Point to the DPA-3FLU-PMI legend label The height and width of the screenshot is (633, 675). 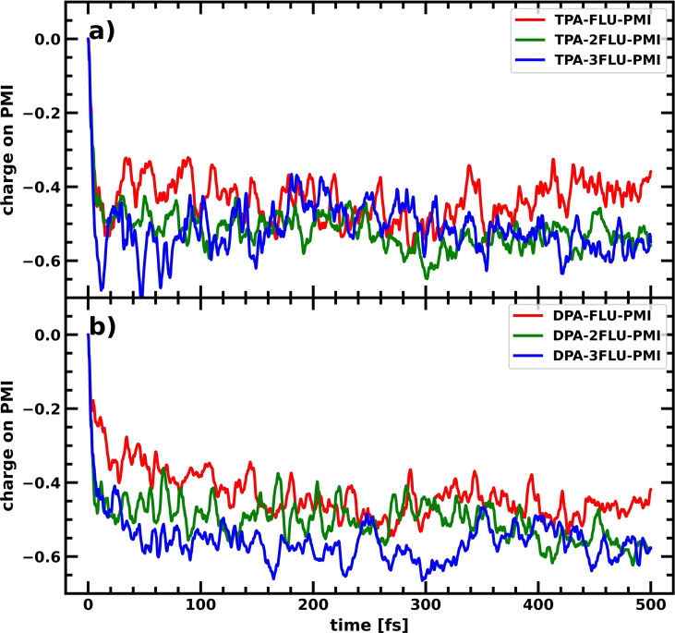611,359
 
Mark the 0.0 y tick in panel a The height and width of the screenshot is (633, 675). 41,40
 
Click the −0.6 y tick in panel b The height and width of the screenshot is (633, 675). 36,556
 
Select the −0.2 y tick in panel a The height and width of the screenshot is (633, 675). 36,114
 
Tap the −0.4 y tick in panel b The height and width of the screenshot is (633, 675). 36,482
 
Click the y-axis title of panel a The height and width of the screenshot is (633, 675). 11,150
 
